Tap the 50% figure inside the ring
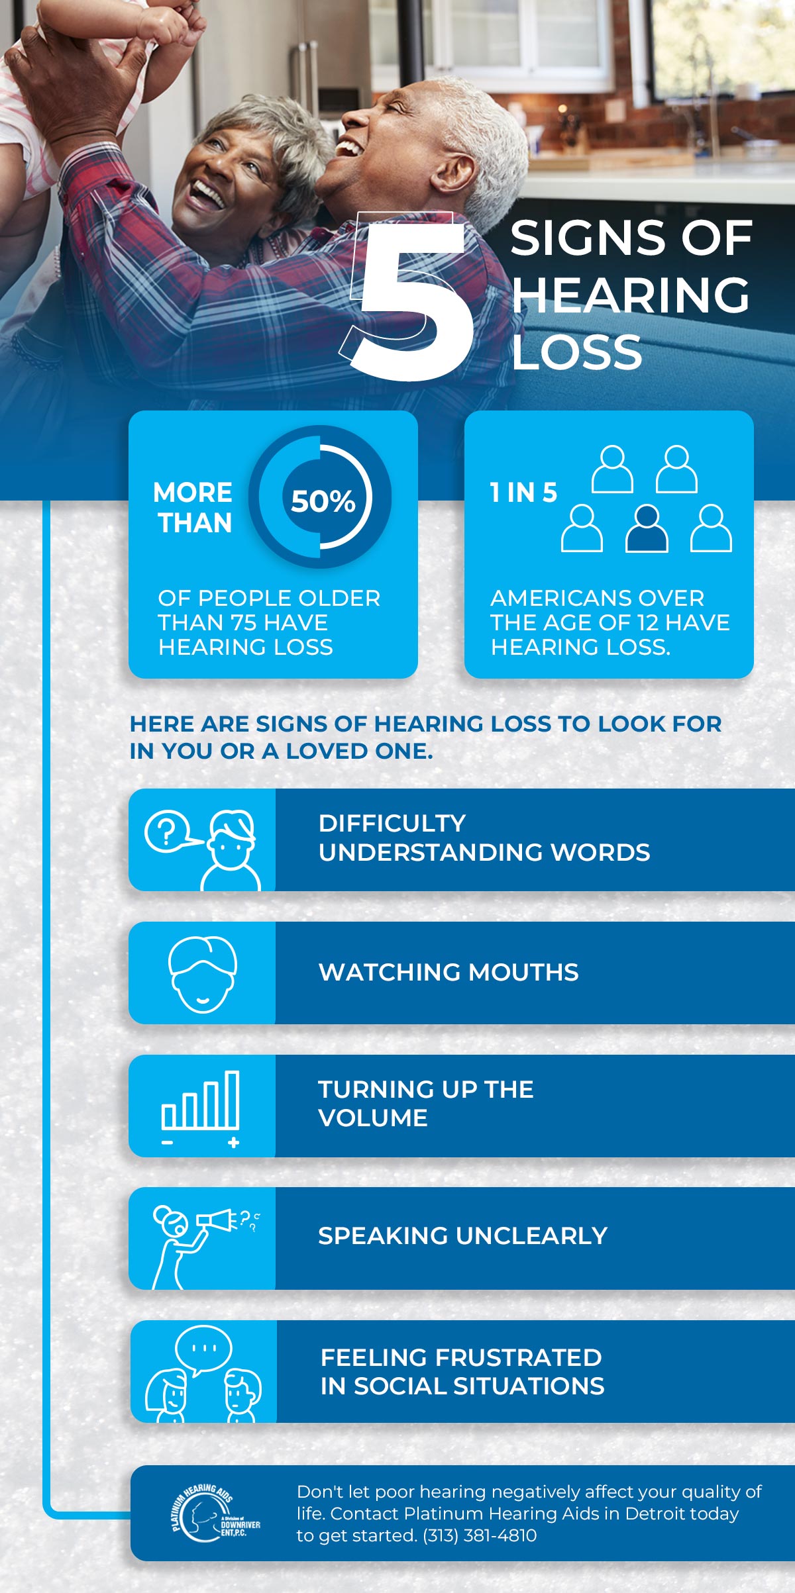(x=323, y=501)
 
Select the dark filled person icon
(x=647, y=528)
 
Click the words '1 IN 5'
(x=523, y=493)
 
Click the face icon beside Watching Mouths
(x=202, y=974)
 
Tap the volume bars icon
(x=200, y=1100)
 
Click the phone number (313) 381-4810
(x=480, y=1535)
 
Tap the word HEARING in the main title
(x=631, y=295)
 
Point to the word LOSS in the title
(x=577, y=352)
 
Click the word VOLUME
(x=373, y=1118)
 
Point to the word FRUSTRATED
(x=519, y=1357)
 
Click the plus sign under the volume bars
(x=233, y=1143)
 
